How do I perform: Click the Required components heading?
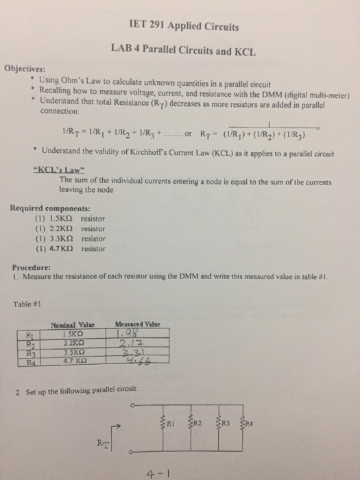[51, 208]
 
